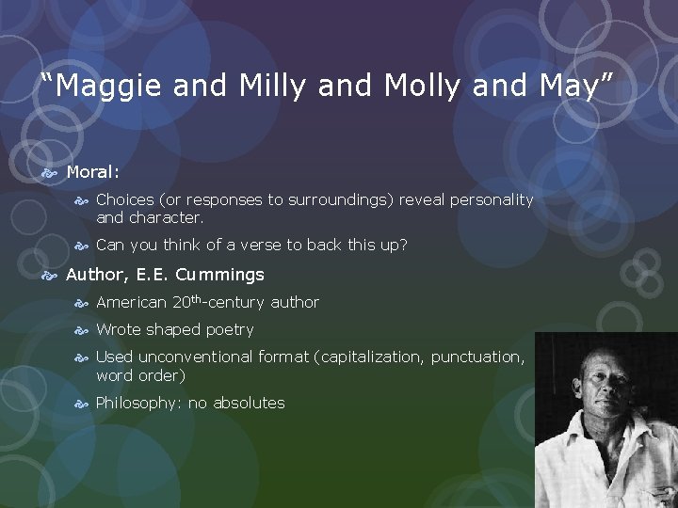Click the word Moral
(x=92, y=172)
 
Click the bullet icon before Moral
(x=52, y=172)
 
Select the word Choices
(x=125, y=199)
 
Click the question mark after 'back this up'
(x=403, y=245)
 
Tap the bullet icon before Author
(x=52, y=275)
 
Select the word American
(x=132, y=302)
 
